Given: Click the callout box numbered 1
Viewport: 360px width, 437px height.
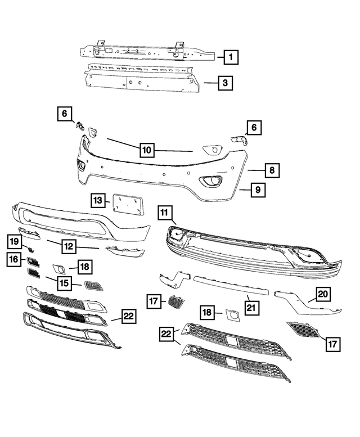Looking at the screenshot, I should pos(231,56).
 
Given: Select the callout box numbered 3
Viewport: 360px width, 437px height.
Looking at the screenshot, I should pos(224,83).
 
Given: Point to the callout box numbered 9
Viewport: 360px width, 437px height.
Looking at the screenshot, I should pos(256,190).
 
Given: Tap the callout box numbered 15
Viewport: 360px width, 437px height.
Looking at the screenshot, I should pos(65,282).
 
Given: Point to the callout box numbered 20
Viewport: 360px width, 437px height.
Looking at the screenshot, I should pos(323,294).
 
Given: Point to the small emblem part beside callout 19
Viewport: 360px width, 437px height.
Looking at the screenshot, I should pos(30,247).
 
